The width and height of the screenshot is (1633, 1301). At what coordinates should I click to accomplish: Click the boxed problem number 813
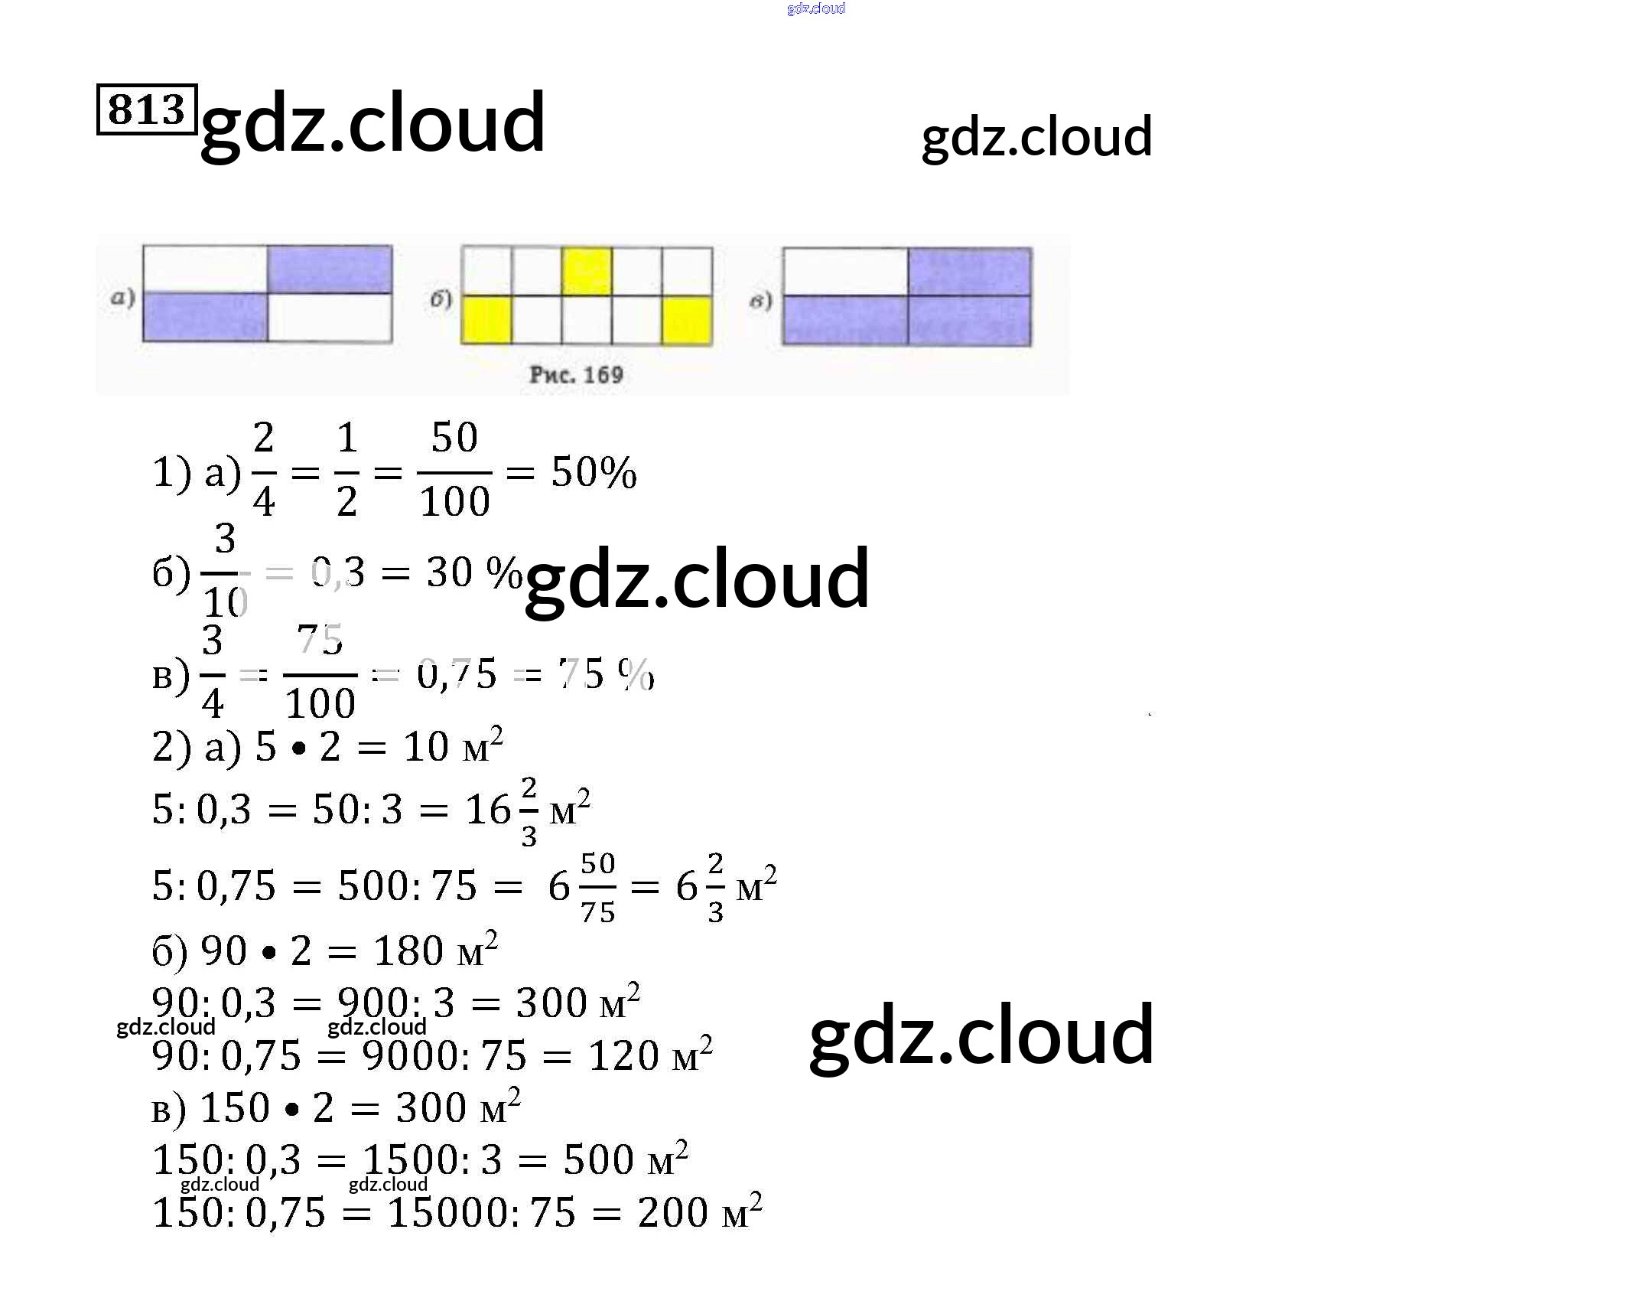147,109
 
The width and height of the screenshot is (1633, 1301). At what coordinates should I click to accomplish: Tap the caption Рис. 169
576,375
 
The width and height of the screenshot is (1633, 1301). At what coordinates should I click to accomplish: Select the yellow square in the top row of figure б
586,271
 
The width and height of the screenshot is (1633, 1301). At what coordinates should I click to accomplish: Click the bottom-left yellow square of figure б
486,320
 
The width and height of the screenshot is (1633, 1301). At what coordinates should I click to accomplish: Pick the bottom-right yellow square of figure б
686,320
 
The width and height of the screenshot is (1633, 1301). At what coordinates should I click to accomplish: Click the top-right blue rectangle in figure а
330,269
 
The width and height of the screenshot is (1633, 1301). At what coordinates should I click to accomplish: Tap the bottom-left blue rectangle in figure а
205,317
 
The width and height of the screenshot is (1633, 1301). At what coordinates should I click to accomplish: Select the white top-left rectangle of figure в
845,272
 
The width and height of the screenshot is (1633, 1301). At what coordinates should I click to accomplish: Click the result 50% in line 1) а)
594,472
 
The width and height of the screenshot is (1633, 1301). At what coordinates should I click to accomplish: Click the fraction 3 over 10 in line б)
223,571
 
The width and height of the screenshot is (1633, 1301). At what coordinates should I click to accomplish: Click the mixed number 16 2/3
501,810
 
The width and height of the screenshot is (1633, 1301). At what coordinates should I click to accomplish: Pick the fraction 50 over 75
597,888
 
